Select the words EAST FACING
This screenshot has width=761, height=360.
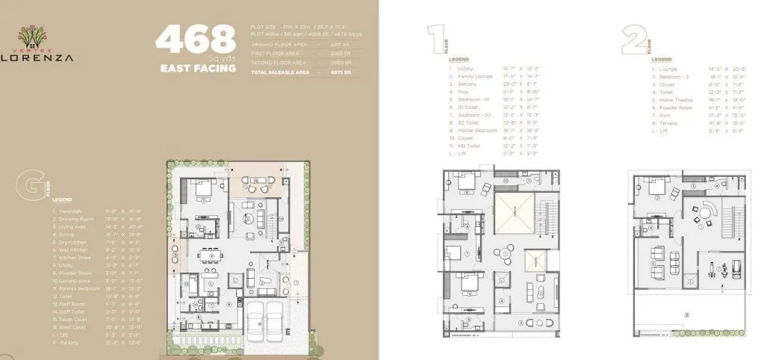(198, 68)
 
